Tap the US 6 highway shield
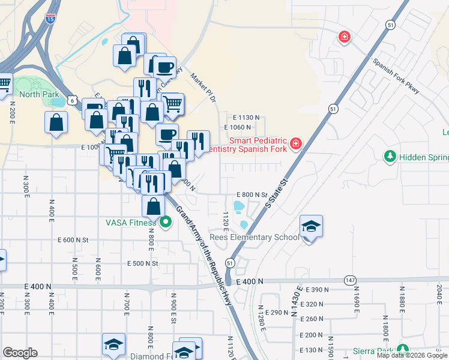coord(72,101)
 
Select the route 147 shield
coord(351,280)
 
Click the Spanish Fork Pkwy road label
coord(396,75)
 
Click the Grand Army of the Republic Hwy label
coord(204,254)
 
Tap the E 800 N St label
coord(251,194)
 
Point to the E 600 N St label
coord(73,240)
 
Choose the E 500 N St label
coord(142,263)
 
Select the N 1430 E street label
coord(295,307)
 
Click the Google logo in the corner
coord(20,353)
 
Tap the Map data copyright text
coord(411,355)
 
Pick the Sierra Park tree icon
coord(402,350)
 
